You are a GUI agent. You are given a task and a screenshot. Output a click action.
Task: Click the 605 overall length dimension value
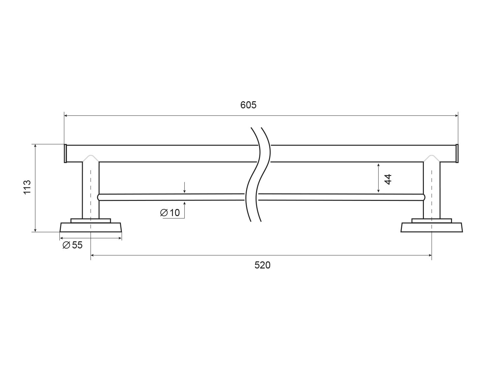[x=248, y=105]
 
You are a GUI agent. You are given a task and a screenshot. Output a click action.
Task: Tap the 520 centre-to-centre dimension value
[x=262, y=265]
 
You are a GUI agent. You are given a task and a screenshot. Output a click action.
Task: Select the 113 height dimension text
[x=27, y=187]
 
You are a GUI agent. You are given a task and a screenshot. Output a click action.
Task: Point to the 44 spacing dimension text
[x=388, y=179]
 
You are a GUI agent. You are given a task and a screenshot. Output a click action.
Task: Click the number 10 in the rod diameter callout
[x=175, y=213]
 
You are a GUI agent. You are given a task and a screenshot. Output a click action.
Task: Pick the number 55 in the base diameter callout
[x=77, y=245]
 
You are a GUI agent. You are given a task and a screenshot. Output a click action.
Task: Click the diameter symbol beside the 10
[x=164, y=213]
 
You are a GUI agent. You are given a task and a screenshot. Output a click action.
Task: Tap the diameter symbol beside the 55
[x=66, y=245]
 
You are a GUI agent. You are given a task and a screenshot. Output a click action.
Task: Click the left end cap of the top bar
[x=65, y=154]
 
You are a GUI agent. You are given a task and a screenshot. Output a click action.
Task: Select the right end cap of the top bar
[x=457, y=154]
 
